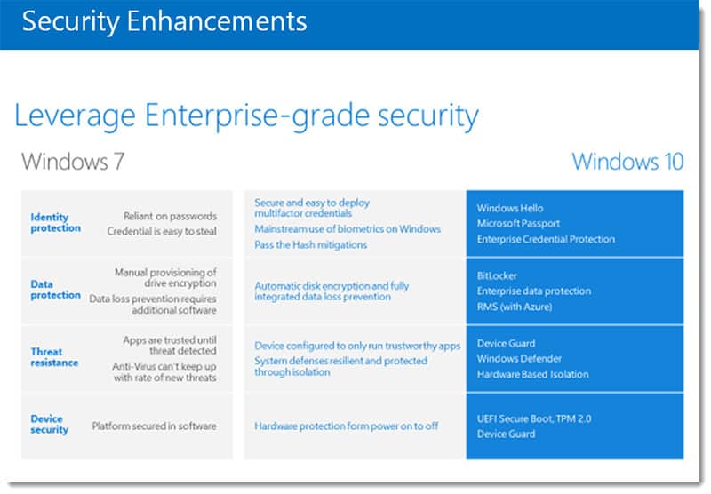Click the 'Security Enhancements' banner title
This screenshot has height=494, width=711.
click(164, 21)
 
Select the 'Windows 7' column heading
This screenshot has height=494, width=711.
click(73, 162)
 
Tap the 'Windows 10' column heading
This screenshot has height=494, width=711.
click(627, 162)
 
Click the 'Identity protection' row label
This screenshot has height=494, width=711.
click(56, 222)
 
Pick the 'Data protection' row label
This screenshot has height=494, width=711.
click(56, 290)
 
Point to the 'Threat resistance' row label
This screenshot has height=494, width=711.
click(54, 357)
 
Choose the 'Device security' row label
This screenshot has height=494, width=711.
click(50, 424)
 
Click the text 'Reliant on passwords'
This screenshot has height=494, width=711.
click(170, 216)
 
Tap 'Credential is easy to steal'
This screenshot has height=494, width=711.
click(162, 231)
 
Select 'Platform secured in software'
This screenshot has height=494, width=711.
click(154, 426)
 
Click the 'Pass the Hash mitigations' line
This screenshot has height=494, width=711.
click(310, 244)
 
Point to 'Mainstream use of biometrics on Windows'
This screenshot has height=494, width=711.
click(348, 229)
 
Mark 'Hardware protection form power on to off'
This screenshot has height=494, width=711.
click(347, 426)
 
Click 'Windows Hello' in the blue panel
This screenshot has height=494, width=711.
click(510, 208)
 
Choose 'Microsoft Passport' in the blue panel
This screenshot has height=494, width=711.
click(518, 223)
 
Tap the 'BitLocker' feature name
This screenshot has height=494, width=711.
click(497, 275)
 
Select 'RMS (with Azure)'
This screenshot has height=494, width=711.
click(515, 307)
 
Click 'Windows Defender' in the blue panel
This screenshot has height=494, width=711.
click(519, 358)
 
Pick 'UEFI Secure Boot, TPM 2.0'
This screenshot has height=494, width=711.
click(534, 418)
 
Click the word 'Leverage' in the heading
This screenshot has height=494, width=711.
click(75, 116)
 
